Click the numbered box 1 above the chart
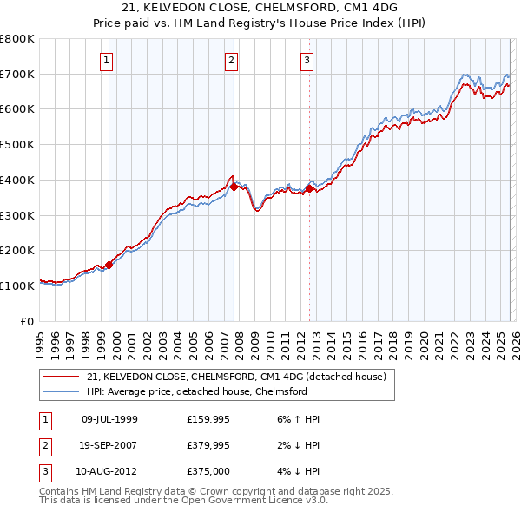pos(106,60)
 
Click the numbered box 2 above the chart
pos(232,60)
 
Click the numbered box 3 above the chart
pos(307,60)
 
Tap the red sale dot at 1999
pos(109,265)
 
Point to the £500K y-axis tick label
pos(17,145)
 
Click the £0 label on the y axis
pos(28,321)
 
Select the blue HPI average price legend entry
pos(196,391)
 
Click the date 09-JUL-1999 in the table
pos(109,419)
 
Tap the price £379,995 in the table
pos(208,445)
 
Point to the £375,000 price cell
pos(208,471)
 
